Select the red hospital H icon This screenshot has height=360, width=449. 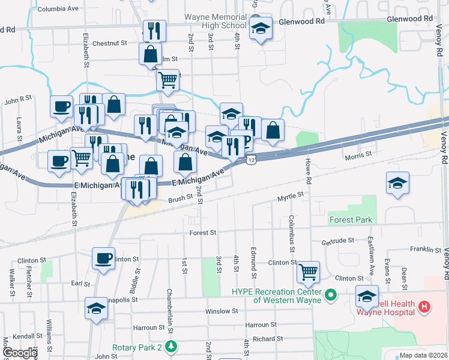(x=424, y=308)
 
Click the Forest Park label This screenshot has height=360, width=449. (x=351, y=220)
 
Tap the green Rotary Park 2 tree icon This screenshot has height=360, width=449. (x=172, y=347)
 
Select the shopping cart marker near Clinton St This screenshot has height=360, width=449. (x=308, y=272)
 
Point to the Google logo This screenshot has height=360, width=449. (x=19, y=353)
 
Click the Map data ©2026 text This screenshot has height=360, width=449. (x=424, y=355)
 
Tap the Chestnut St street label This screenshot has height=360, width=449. (x=110, y=43)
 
